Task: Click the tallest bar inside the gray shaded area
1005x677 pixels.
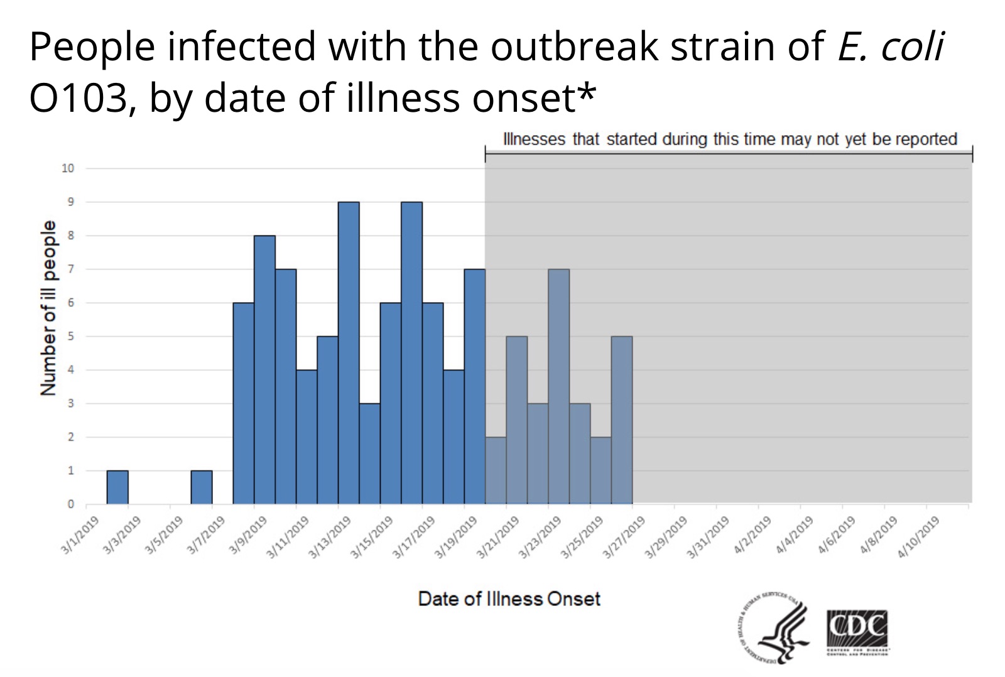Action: [558, 386]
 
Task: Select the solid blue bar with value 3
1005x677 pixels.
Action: [369, 453]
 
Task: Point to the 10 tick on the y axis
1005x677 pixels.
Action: [68, 168]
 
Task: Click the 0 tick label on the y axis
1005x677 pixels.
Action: [71, 504]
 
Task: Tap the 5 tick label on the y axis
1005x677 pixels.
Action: [71, 336]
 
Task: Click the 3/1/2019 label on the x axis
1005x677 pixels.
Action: [80, 535]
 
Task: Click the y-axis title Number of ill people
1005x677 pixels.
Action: [48, 308]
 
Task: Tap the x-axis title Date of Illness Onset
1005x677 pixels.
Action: [509, 598]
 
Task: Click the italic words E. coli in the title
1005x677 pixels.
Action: [890, 46]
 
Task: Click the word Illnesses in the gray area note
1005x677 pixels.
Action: [534, 139]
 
